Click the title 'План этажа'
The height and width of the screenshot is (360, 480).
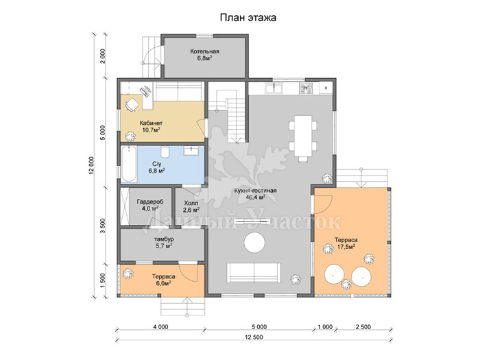coord(248,18)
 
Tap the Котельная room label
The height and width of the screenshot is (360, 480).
coord(204,51)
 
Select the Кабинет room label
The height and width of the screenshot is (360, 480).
coord(151,123)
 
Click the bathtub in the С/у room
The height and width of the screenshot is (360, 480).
coord(129,164)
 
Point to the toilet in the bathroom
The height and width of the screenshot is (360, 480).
coord(165,151)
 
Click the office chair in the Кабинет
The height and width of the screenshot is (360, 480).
coord(132,105)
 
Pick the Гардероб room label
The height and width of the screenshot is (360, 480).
coord(150,202)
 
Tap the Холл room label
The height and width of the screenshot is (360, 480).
coord(191,203)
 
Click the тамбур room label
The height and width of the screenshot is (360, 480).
coord(164,239)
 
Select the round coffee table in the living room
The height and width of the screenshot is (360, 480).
coord(254,243)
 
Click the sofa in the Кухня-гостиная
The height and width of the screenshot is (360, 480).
coord(254,273)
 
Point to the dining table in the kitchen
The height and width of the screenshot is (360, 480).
coord(303,136)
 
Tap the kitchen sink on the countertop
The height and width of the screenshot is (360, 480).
coord(274,88)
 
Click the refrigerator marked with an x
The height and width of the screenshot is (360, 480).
coord(326,88)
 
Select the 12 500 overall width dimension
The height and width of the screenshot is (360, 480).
coord(254,337)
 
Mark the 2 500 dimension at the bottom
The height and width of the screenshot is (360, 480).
coord(363,327)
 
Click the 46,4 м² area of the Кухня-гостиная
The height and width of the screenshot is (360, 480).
coord(255,197)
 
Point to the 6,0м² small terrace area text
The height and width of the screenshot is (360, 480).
coord(163,283)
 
